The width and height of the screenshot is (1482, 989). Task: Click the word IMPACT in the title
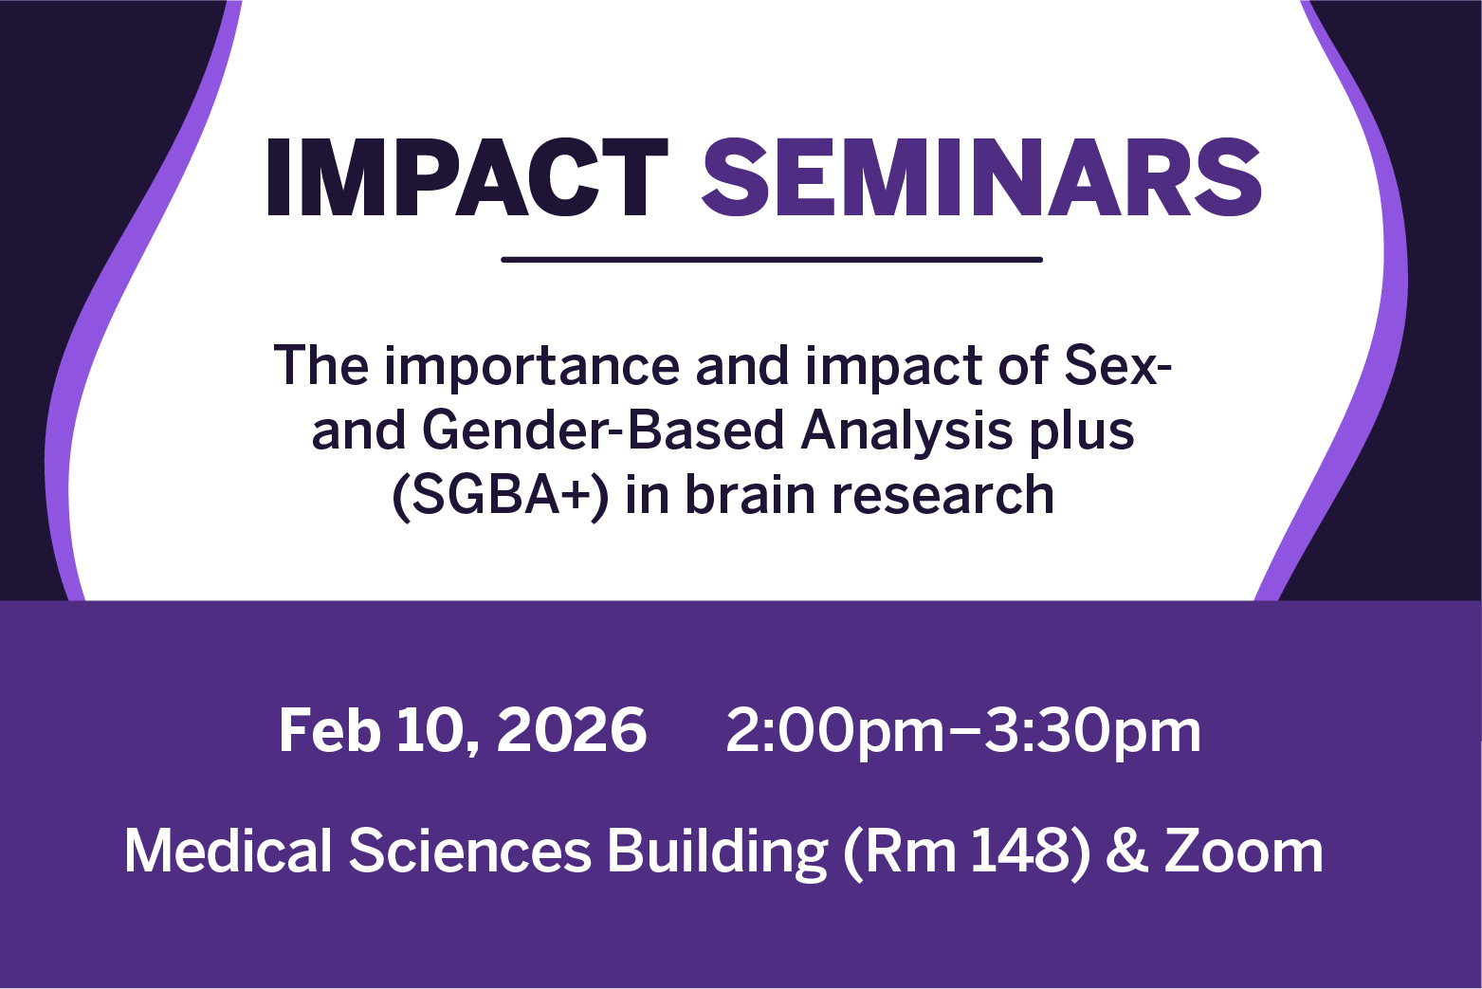tap(467, 177)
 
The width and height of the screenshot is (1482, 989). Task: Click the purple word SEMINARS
tap(981, 177)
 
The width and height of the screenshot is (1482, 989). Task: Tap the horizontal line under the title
tap(772, 259)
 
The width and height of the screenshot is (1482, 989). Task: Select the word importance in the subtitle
tap(532, 366)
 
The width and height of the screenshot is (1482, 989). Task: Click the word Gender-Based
tap(603, 430)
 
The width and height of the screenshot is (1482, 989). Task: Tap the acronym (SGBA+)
tap(501, 496)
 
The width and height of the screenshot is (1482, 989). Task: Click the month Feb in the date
tap(330, 730)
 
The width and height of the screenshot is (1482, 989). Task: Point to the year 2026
tap(572, 730)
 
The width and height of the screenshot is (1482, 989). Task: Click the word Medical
tap(229, 852)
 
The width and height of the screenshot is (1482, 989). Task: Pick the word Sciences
tap(469, 852)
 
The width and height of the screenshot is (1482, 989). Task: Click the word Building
tap(718, 853)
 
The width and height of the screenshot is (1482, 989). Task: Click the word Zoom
tap(1244, 852)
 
